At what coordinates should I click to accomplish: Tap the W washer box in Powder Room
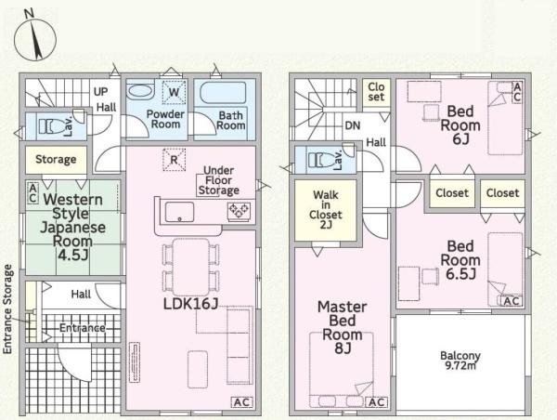[174, 92]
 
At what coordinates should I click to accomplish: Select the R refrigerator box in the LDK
[174, 160]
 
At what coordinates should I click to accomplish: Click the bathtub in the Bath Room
[223, 93]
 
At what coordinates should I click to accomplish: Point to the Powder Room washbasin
[140, 91]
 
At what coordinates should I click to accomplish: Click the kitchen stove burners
[240, 212]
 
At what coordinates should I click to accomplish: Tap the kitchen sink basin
[180, 212]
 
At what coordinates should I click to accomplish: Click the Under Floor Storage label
[219, 180]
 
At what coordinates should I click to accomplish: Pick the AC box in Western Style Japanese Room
[32, 192]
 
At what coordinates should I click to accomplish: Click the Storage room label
[56, 159]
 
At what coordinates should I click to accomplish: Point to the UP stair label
[100, 91]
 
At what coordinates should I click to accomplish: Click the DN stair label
[353, 125]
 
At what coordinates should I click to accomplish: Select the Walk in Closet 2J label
[326, 209]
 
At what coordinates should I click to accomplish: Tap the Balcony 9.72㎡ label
[460, 361]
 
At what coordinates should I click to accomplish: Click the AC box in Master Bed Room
[377, 402]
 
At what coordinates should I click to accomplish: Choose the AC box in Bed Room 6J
[517, 92]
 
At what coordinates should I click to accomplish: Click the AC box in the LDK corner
[242, 402]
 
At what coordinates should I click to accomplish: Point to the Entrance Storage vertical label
[7, 309]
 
